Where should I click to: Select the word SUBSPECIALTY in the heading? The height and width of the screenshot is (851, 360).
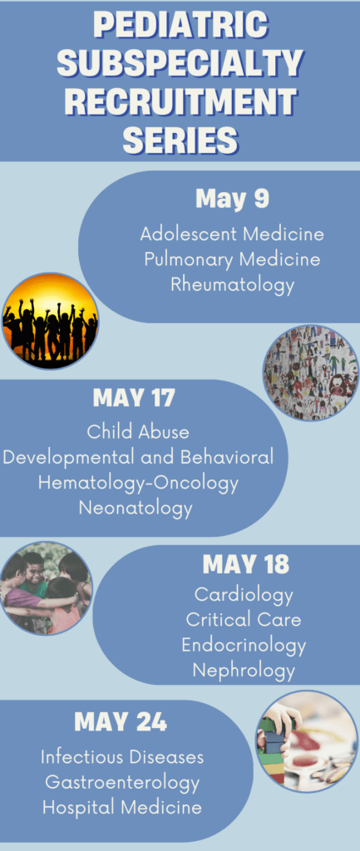180,63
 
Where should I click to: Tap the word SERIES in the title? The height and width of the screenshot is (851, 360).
180,140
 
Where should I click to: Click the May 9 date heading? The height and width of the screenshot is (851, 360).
233,199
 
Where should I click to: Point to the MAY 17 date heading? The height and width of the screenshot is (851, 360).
134,398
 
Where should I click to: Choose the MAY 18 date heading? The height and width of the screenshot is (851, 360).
246,564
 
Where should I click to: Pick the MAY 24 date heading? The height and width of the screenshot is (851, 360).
121,722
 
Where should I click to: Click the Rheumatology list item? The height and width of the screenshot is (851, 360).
233,284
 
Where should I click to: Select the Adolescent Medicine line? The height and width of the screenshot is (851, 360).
232,234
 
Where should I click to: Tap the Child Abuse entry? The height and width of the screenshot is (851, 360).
138,432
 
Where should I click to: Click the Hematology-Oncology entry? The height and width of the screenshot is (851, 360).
138,483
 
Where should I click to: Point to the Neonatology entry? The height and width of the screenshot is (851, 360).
136,509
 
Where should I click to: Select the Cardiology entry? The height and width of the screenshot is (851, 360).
244,595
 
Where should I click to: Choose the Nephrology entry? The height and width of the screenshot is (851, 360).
244,671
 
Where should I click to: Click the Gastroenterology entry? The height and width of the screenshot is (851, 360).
122,782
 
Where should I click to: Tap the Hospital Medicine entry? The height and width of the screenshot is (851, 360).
122,807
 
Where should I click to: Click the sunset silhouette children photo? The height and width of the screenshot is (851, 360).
50,322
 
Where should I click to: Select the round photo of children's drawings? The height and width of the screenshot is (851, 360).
311,372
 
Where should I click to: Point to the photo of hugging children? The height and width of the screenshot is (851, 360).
46,588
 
